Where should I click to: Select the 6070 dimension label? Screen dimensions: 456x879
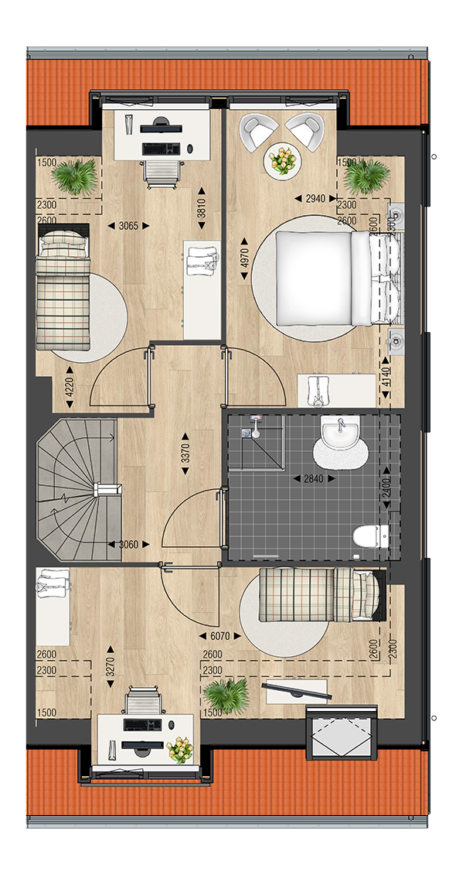(x=220, y=636)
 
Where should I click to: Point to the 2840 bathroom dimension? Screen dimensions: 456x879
(x=314, y=479)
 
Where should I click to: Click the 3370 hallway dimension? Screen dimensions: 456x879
(x=185, y=453)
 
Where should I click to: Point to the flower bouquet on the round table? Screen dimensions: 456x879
(x=282, y=160)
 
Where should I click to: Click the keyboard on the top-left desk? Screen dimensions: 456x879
(x=161, y=149)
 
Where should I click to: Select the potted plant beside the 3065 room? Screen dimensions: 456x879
(x=74, y=176)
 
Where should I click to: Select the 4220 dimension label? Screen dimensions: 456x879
(x=70, y=386)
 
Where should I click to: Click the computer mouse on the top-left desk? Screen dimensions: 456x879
(x=190, y=149)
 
